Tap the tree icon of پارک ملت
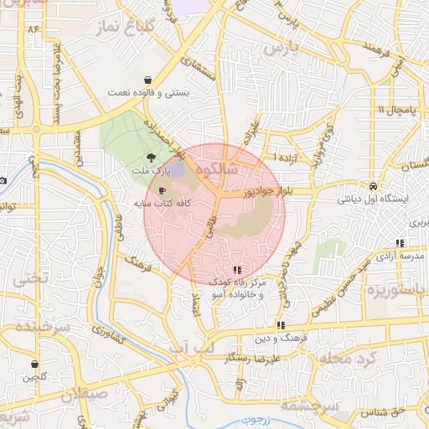(x=151, y=157)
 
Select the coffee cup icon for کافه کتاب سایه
(x=162, y=190)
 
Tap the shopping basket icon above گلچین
(x=34, y=364)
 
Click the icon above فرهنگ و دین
(x=281, y=325)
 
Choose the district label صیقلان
(x=84, y=393)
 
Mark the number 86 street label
(x=34, y=29)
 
